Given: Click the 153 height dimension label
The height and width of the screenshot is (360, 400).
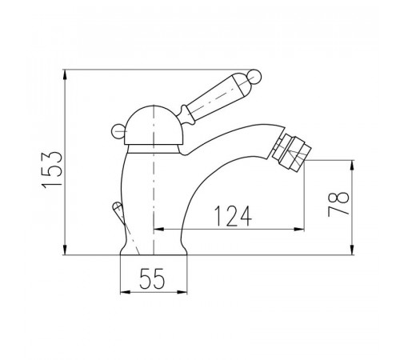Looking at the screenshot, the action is point(52,170).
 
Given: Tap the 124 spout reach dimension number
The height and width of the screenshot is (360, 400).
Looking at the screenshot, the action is point(233,216).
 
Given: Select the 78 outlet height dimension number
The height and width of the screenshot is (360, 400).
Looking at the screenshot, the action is point(338,204).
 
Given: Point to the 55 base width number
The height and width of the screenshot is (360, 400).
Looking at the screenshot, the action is point(152,279).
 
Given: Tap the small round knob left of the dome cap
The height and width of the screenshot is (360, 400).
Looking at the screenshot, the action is point(118,132).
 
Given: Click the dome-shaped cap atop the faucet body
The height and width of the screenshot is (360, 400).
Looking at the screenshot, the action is point(154,126).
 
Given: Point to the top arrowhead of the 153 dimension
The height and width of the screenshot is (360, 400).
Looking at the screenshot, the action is point(65,74).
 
